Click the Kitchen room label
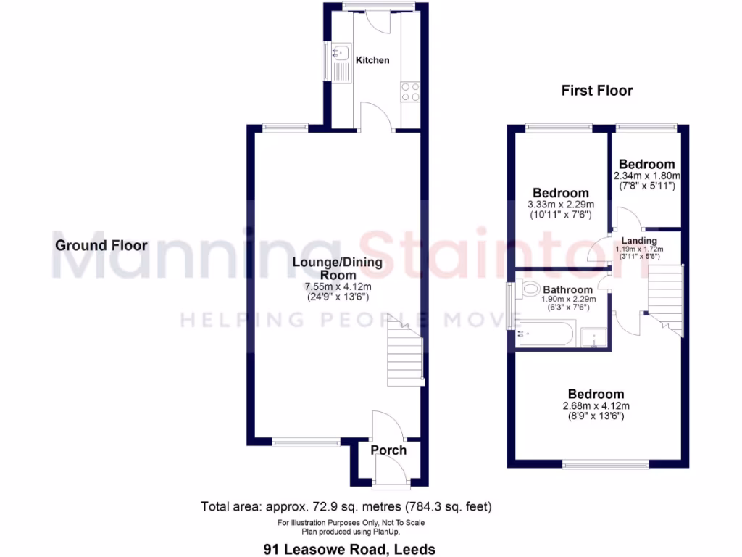[x=372, y=60]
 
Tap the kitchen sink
[x=341, y=52]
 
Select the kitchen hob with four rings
[x=409, y=91]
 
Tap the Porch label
[x=388, y=450]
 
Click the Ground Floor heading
[x=101, y=246]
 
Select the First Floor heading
[x=597, y=91]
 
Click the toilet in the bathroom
[x=530, y=288]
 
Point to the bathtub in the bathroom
[x=546, y=336]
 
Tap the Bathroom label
[x=568, y=289]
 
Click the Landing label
[x=639, y=241]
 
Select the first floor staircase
[x=664, y=297]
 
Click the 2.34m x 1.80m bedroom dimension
[x=646, y=176]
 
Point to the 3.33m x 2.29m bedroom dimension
[x=560, y=205]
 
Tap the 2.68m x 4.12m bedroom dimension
[x=596, y=406]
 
